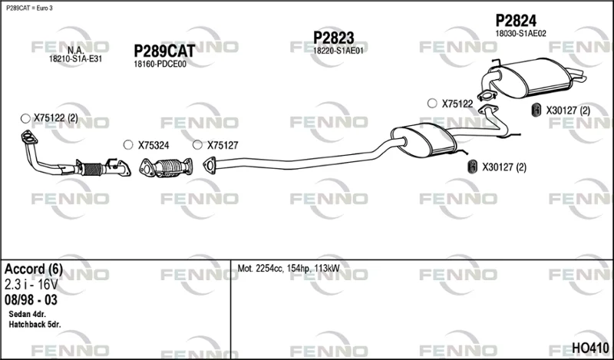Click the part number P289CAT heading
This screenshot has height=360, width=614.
point(164,51)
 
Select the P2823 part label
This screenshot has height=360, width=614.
point(334,38)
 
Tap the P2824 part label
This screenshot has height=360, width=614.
point(516,21)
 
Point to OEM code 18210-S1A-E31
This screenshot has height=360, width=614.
point(75,59)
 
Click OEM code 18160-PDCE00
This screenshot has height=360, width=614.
point(160,64)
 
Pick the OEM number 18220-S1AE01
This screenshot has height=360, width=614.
point(338,51)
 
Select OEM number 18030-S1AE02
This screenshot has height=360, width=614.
point(520,34)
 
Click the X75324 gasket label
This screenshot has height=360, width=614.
point(153,146)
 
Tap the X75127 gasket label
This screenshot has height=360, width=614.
point(223,146)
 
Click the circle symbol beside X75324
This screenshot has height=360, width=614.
point(128,145)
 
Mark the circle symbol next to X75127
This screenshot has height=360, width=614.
point(197,145)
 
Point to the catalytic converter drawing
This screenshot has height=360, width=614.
point(166,167)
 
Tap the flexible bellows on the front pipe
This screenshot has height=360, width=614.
point(91,169)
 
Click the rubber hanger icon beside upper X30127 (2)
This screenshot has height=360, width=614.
point(536,111)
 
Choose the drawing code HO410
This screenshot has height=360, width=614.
point(590,348)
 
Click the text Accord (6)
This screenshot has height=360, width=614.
point(33,269)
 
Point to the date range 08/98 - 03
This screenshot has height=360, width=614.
point(31,300)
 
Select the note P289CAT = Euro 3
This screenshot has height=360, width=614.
point(29,8)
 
